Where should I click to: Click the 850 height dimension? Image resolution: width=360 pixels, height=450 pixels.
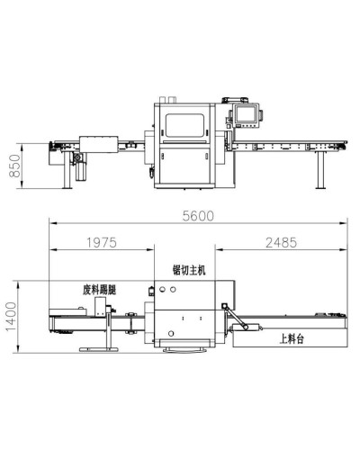click(x=15, y=166)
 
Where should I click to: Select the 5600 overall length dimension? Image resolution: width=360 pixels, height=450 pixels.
click(x=198, y=216)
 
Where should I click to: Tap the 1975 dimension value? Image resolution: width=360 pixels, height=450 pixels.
click(x=102, y=242)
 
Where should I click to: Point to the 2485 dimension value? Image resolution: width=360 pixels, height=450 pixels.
click(x=281, y=242)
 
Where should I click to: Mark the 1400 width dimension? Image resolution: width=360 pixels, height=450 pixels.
click(x=11, y=317)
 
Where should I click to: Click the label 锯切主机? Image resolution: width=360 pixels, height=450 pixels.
click(x=189, y=270)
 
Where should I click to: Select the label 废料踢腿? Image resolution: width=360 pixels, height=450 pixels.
click(x=99, y=290)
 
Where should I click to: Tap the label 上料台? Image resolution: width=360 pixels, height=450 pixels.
click(x=292, y=339)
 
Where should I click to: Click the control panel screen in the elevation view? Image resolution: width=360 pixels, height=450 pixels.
click(x=247, y=114)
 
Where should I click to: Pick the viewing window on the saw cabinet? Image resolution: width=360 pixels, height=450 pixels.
click(x=185, y=125)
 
